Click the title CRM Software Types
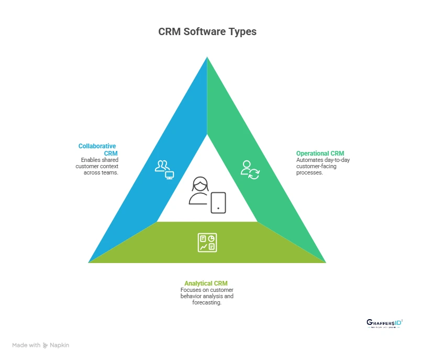(207, 32)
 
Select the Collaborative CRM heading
(97, 149)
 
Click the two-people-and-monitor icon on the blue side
(164, 170)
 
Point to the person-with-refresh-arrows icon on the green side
(250, 170)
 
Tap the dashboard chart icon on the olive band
(207, 243)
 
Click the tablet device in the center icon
(218, 202)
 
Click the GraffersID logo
(385, 323)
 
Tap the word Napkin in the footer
(60, 345)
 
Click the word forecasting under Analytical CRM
(207, 302)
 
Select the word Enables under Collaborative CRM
(91, 159)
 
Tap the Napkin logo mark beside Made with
(46, 345)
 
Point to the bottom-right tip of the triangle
(325, 262)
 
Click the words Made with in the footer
(26, 345)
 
